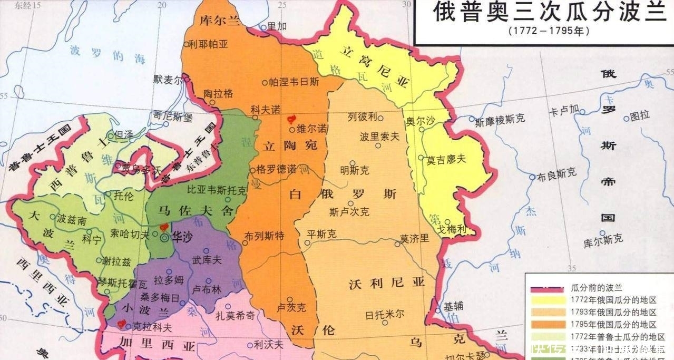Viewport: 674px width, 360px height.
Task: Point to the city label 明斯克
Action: pos(355,170)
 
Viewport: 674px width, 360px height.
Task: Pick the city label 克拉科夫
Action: pos(153,327)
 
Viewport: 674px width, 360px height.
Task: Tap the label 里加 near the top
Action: pos(277,26)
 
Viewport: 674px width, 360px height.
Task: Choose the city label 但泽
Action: pos(124,135)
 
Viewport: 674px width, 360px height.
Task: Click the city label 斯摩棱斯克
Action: pos(500,120)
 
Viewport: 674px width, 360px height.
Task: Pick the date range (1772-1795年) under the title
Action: pos(549,31)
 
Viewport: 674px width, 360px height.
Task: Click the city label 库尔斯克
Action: pos(603,239)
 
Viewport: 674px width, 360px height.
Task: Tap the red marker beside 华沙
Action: pos(163,227)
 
